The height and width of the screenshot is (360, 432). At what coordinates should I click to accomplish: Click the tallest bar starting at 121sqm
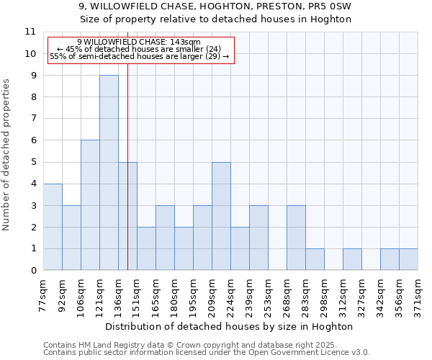pyautogui.click(x=109, y=173)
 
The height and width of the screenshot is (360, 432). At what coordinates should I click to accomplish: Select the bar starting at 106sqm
pyautogui.click(x=90, y=205)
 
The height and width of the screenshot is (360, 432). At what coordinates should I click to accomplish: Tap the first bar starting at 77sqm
pyautogui.click(x=53, y=227)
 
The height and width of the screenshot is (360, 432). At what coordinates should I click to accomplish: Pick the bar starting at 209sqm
pyautogui.click(x=221, y=216)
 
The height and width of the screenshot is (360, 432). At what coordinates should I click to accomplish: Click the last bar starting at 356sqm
pyautogui.click(x=408, y=259)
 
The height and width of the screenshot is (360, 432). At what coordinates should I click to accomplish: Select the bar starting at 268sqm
pyautogui.click(x=296, y=238)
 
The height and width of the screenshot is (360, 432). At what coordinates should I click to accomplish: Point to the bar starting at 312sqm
pyautogui.click(x=352, y=259)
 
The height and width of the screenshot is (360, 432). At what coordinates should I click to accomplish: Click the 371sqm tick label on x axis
pyautogui.click(x=418, y=295)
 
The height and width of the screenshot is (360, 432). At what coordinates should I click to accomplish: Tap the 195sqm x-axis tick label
pyautogui.click(x=194, y=295)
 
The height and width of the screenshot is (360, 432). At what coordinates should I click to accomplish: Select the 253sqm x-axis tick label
pyautogui.click(x=269, y=295)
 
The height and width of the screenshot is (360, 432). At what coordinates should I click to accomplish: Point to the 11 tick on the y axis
pyautogui.click(x=30, y=32)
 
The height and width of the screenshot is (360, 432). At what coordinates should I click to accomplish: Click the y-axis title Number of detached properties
pyautogui.click(x=7, y=155)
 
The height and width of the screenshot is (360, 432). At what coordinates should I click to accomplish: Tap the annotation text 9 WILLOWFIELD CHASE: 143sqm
pyautogui.click(x=139, y=42)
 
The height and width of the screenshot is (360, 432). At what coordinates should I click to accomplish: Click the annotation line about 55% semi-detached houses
pyautogui.click(x=139, y=56)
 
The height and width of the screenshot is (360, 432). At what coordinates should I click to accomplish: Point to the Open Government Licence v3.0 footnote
pyautogui.click(x=207, y=353)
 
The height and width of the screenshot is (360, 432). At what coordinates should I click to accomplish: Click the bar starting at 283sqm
pyautogui.click(x=315, y=259)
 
